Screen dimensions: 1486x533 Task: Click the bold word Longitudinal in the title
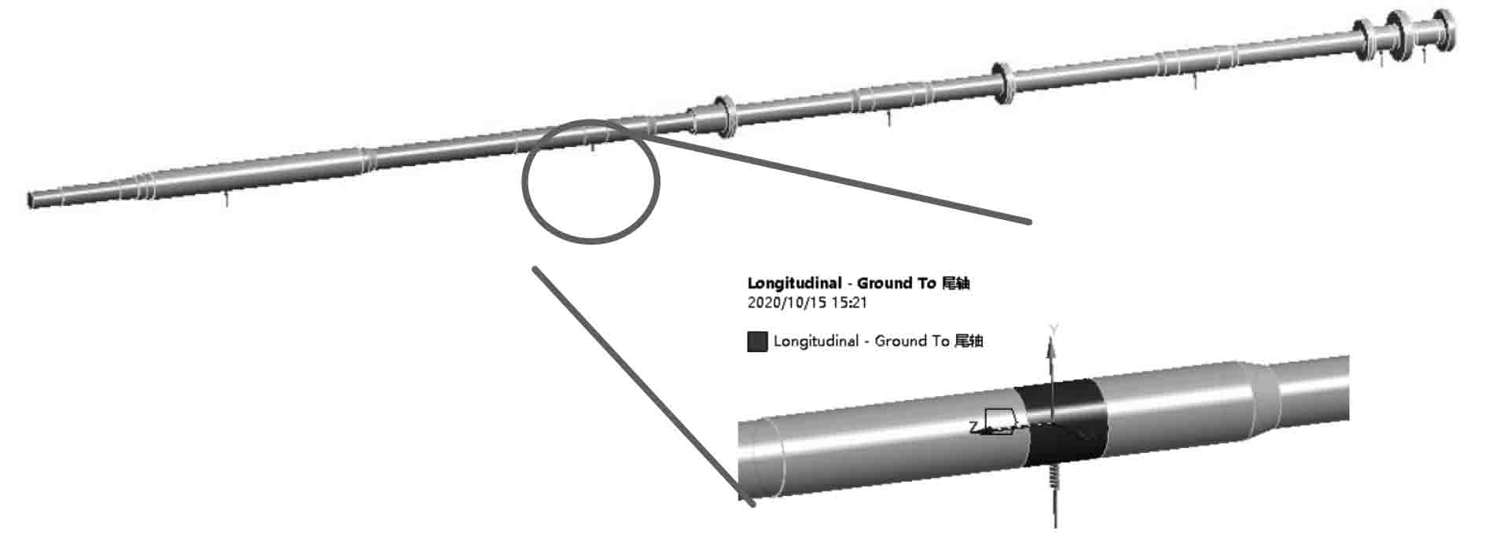793,283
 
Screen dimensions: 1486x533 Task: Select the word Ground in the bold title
885,283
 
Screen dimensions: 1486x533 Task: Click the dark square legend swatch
756,341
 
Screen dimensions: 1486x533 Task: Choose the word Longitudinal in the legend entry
815,341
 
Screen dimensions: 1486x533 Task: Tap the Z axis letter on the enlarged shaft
973,427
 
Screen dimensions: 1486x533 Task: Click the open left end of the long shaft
31,200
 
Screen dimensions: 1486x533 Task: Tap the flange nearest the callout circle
724,117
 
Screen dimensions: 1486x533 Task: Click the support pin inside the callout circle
593,145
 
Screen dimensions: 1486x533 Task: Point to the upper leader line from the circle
841,180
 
